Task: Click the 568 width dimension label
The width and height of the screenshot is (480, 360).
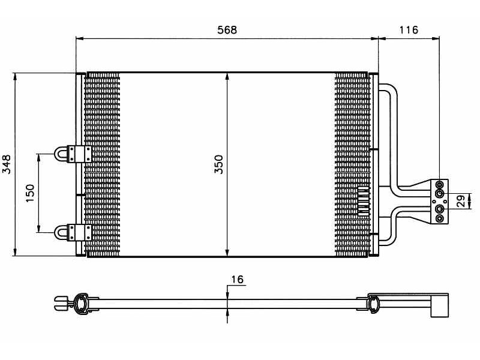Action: [x=227, y=29]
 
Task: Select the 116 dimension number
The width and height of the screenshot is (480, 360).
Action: [x=408, y=29]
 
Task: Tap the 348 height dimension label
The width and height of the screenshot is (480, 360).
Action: [x=7, y=164]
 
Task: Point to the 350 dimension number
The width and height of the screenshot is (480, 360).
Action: [x=219, y=164]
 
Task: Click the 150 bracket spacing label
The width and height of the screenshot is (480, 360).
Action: [x=31, y=193]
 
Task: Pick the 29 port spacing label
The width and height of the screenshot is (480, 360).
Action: [x=461, y=201]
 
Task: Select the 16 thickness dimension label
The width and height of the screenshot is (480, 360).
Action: [x=237, y=280]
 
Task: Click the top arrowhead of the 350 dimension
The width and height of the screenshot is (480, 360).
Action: [x=227, y=76]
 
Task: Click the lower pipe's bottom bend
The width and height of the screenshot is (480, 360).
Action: [x=391, y=241]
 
